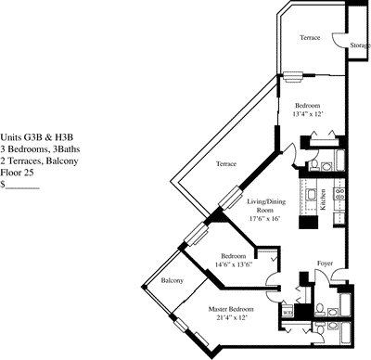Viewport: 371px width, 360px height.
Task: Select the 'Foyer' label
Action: coord(325,264)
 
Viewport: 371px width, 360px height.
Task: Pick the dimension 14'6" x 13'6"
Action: coord(234,265)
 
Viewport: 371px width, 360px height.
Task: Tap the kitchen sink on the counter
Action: coord(307,197)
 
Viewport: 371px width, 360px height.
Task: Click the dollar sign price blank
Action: coord(20,184)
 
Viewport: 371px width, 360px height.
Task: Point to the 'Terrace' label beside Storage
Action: coord(310,38)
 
